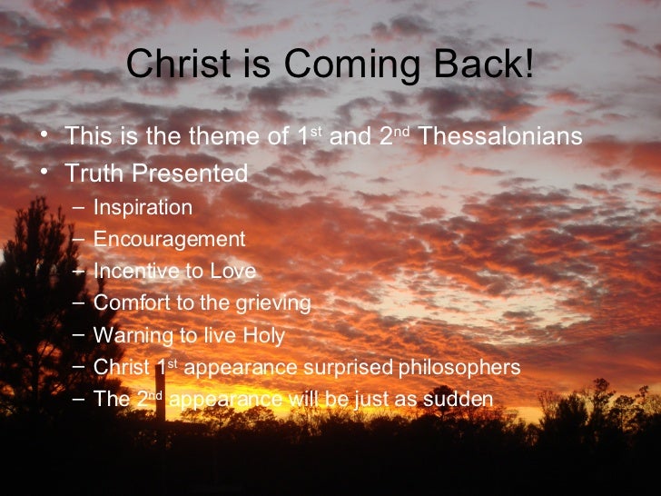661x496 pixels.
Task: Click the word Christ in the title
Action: pos(172,64)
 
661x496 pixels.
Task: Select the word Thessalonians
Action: pos(501,137)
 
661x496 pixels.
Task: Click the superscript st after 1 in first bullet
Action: pos(317,132)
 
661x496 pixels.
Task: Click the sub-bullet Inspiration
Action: pos(143,208)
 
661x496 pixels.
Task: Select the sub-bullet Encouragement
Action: pos(169,240)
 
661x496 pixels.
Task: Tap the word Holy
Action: pos(263,336)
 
